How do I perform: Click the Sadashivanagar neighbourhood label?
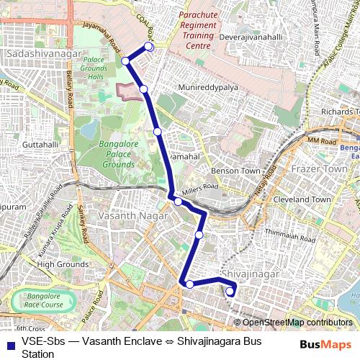tap(37, 54)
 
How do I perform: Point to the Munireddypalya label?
tap(212, 89)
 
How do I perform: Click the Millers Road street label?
tap(199, 188)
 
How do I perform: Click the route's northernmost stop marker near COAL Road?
tap(149, 47)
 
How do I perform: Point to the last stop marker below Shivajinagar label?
tap(230, 292)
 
